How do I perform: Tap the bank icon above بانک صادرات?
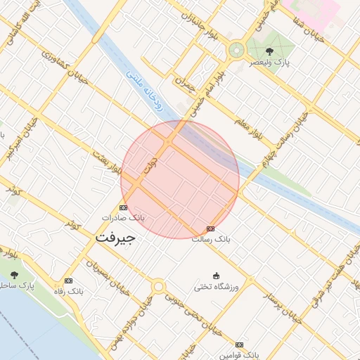tap(124, 207)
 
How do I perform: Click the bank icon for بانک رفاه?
tap(67, 281)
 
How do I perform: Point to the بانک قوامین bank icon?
tap(239, 345)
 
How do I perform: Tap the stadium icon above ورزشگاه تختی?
tap(217, 276)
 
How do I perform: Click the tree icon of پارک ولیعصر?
tap(269, 51)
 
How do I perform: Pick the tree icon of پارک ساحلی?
tap(14, 274)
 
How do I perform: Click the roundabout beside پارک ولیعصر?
tap(236, 51)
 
